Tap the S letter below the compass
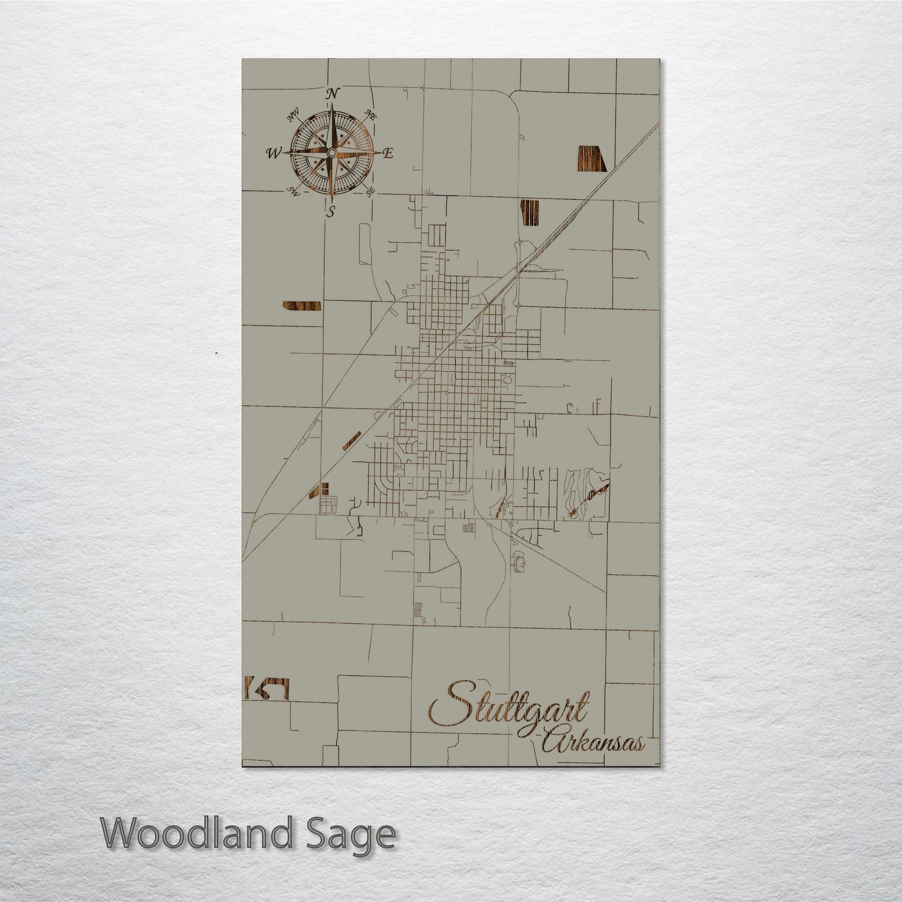[x=332, y=211]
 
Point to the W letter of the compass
[x=273, y=152]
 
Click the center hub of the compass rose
[x=331, y=152]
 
